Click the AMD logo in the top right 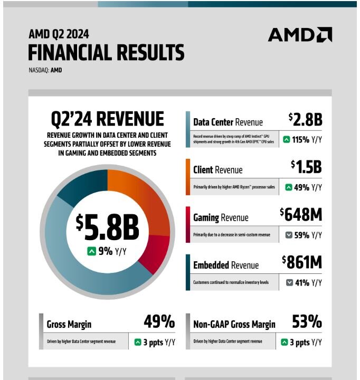300,35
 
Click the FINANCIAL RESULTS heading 106,53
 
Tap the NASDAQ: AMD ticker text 45,70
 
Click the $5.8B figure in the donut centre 107,227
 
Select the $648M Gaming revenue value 301,214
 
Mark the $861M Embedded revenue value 301,262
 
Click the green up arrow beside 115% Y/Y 286,140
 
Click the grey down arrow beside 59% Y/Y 289,235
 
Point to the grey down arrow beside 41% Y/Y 289,282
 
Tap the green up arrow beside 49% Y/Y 289,187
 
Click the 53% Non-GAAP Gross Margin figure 307,321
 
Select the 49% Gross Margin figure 159,321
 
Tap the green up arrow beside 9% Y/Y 91,251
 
